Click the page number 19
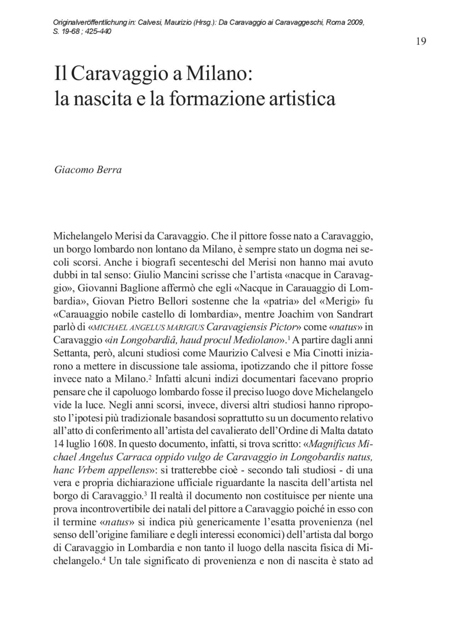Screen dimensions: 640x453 coord(421,41)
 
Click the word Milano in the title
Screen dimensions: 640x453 coord(217,74)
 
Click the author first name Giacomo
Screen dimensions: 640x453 coord(73,170)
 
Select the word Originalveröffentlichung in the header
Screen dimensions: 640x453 coord(90,23)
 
